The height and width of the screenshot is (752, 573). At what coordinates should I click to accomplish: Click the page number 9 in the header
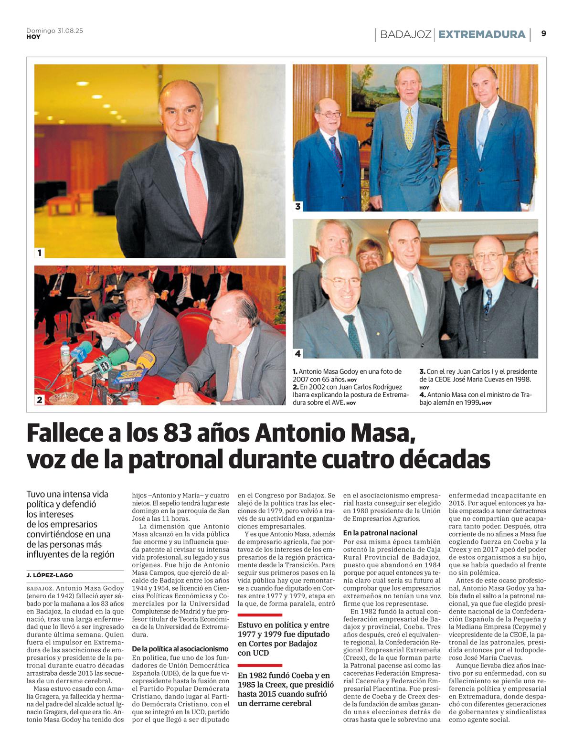pyautogui.click(x=543, y=33)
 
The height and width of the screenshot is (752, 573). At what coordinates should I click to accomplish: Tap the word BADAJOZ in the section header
pyautogui.click(x=406, y=34)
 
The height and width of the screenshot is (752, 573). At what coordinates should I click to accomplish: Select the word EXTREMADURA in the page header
pyautogui.click(x=481, y=34)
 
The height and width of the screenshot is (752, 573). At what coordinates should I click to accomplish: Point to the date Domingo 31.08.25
pyautogui.click(x=54, y=31)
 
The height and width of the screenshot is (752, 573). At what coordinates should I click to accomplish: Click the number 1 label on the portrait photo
pyautogui.click(x=40, y=253)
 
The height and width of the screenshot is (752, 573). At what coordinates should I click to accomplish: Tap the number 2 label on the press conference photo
pyautogui.click(x=40, y=400)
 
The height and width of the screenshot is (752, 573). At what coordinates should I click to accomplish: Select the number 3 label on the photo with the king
pyautogui.click(x=298, y=206)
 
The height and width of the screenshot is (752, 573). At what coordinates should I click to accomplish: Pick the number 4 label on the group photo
pyautogui.click(x=298, y=353)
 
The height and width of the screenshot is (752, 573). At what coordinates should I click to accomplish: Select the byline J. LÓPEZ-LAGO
pyautogui.click(x=50, y=575)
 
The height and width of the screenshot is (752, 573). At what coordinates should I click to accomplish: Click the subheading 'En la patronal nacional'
pyautogui.click(x=380, y=533)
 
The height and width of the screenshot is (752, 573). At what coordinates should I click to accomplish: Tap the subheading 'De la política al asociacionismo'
pyautogui.click(x=180, y=649)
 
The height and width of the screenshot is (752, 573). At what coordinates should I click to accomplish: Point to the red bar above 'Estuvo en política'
pyautogui.click(x=260, y=615)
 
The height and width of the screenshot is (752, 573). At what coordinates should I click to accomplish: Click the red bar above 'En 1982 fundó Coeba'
pyautogui.click(x=260, y=665)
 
